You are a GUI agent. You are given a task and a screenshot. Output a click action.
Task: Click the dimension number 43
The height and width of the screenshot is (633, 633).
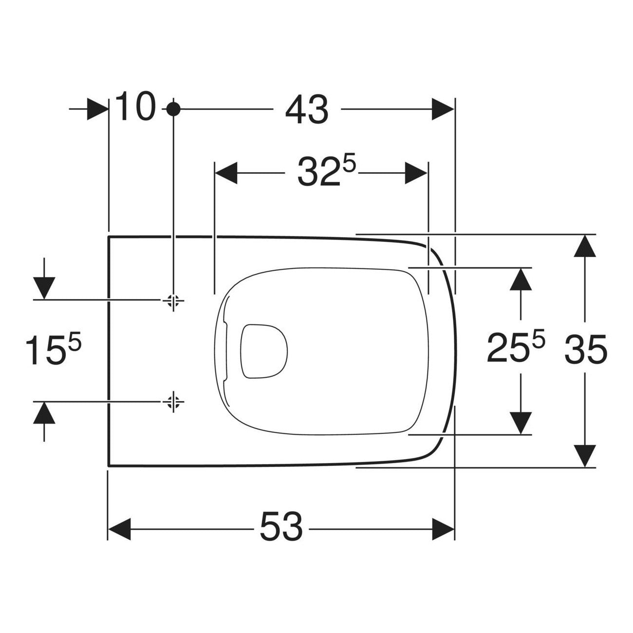click(x=306, y=110)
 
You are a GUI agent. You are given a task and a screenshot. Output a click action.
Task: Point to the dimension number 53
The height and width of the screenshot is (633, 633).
click(x=281, y=529)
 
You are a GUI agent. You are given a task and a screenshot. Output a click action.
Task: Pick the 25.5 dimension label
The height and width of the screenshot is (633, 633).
click(x=516, y=347)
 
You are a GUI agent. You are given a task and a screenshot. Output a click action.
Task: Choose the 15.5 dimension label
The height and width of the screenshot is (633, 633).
click(x=53, y=350)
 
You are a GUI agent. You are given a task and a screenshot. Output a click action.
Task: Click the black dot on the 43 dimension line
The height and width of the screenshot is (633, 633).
click(x=173, y=109)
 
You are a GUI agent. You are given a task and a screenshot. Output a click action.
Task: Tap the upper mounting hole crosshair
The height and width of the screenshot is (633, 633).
click(x=173, y=300)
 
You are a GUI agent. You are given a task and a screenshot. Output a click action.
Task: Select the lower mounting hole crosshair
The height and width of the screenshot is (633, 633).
click(x=173, y=401)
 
